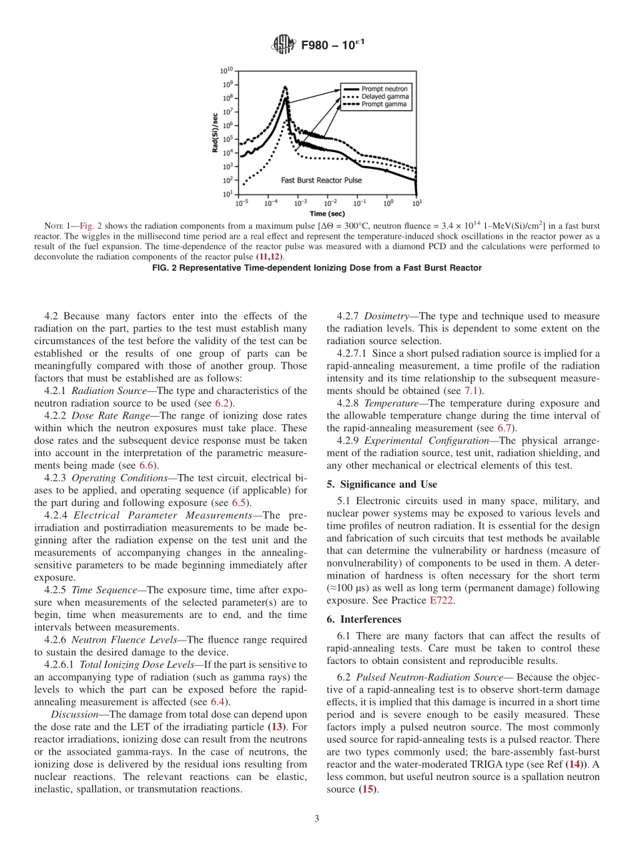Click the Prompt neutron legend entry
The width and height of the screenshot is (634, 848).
coord(384,89)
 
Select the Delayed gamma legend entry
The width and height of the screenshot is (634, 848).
coord(385,97)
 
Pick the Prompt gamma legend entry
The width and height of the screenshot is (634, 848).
coord(384,105)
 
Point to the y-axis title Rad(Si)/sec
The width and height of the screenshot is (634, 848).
coord(216,132)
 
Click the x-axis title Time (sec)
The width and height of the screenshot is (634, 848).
coord(327,213)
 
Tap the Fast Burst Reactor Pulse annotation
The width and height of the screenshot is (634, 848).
coord(321,180)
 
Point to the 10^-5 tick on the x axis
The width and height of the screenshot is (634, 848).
coord(242,202)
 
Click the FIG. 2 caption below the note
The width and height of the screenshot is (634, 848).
coord(317,267)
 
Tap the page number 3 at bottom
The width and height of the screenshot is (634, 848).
coord(317,819)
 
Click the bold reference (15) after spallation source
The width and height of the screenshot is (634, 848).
coord(366,789)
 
